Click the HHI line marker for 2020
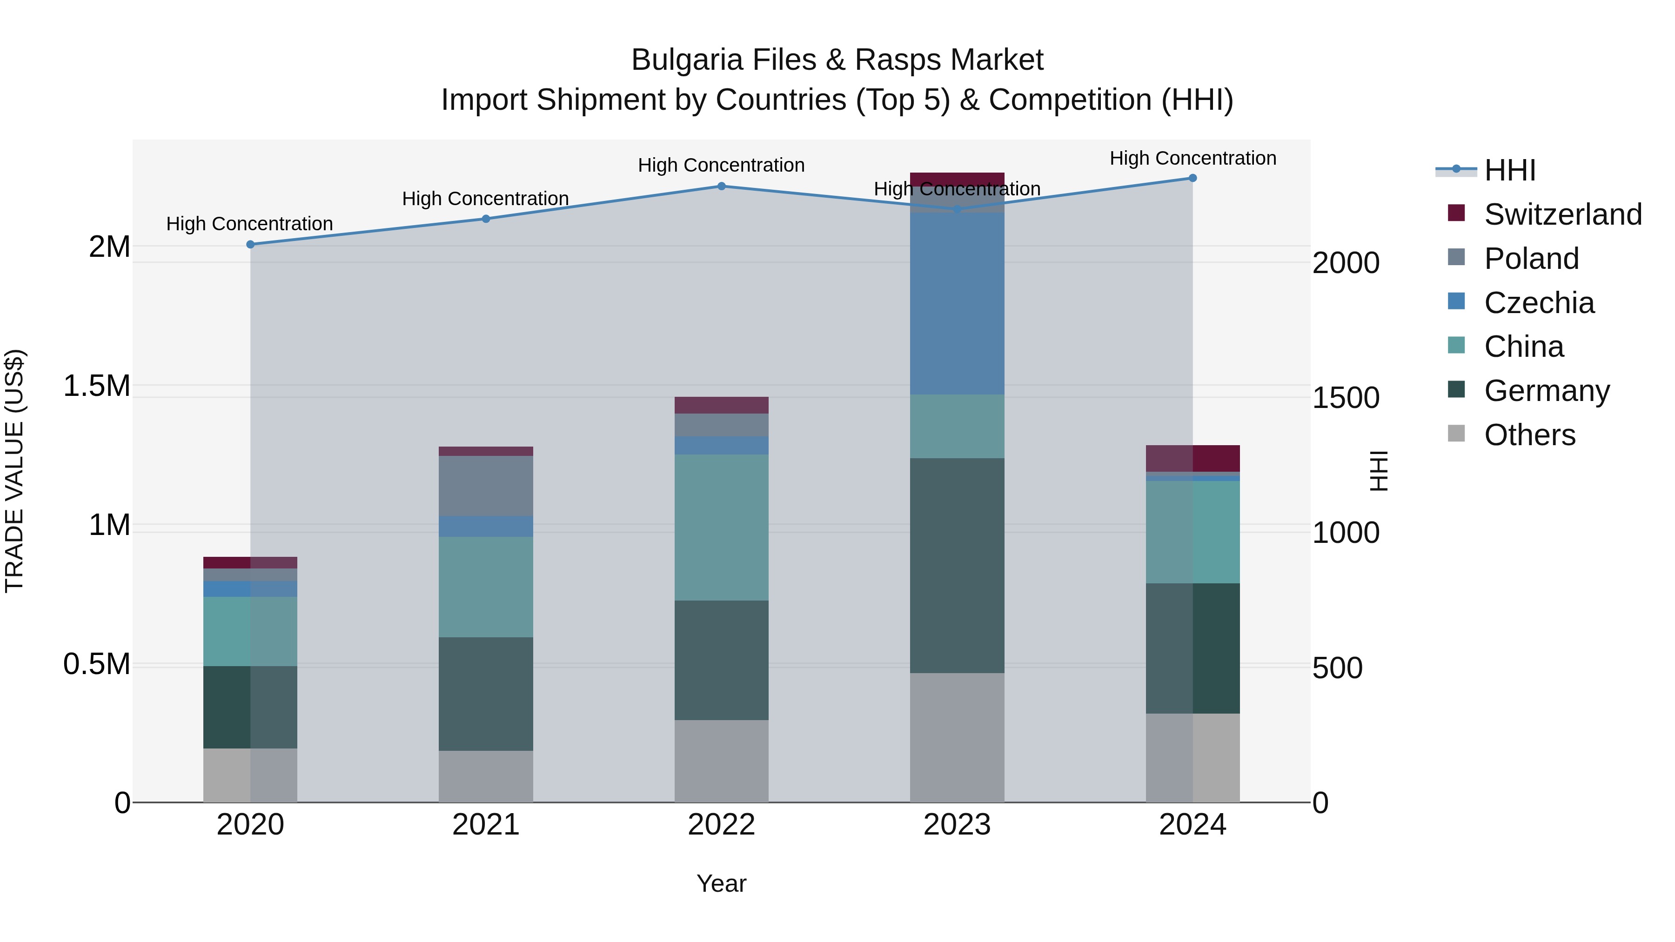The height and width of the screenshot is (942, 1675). point(250,244)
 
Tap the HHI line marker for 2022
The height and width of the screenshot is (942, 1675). point(721,186)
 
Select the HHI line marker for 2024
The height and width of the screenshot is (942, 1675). point(1193,178)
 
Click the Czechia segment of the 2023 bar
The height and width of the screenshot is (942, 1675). point(957,303)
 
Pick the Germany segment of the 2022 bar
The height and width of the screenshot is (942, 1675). point(721,660)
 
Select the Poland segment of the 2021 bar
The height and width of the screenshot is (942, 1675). point(486,486)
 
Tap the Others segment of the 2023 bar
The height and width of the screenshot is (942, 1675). point(957,737)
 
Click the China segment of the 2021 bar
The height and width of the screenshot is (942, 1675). point(486,587)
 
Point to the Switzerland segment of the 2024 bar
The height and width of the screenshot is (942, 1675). point(1193,458)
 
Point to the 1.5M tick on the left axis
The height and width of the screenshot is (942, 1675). point(97,386)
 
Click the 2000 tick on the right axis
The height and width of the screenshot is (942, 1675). point(1345,263)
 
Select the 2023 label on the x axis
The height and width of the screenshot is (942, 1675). point(957,825)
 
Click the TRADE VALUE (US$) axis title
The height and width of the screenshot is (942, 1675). point(14,471)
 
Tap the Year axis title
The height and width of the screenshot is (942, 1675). point(721,883)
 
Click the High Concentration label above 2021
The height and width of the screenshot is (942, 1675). point(485,198)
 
